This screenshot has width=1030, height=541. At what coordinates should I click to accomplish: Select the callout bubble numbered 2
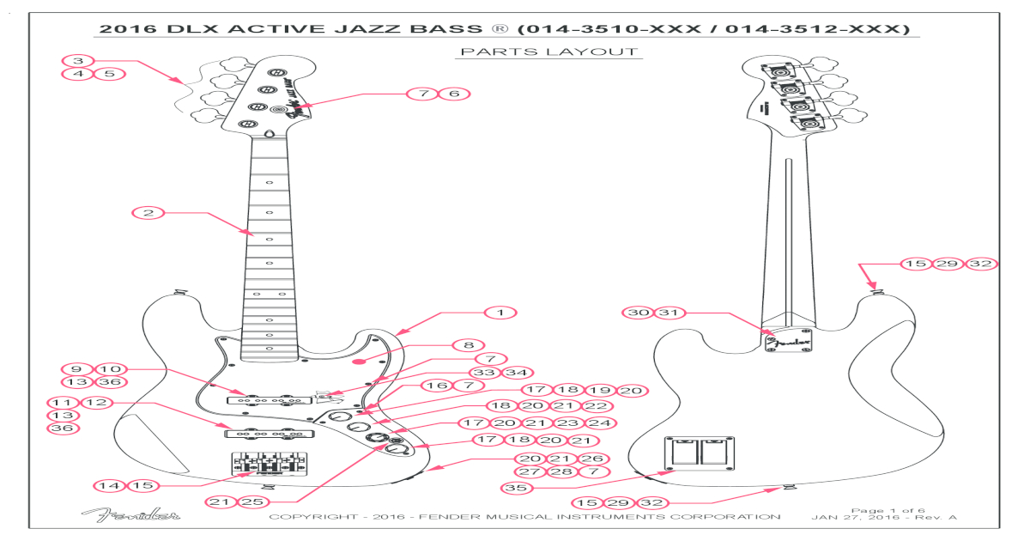[x=148, y=212]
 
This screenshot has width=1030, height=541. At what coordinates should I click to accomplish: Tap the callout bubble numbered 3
[x=78, y=61]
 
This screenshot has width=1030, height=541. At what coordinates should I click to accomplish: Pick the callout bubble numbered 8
[x=469, y=345]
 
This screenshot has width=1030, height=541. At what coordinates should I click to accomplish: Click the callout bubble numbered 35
[x=517, y=487]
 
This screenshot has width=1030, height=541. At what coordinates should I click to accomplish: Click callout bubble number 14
[x=109, y=485]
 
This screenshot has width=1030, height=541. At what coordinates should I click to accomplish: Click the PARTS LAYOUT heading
[x=549, y=52]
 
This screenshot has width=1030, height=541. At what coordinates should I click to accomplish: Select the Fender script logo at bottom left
[x=131, y=515]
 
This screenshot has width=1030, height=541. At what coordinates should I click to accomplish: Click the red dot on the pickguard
[x=365, y=362]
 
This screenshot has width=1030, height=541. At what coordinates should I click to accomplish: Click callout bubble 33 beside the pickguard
[x=485, y=373]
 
